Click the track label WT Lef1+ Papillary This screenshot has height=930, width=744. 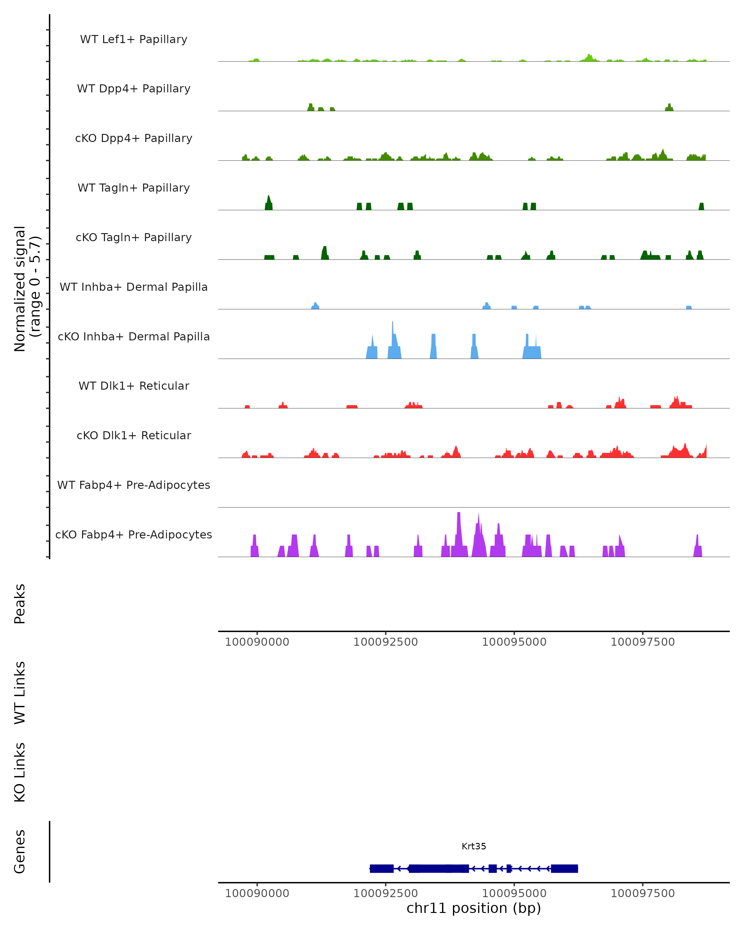click(x=134, y=39)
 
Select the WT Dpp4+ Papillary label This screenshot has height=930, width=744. click(x=134, y=89)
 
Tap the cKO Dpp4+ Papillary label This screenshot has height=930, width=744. click(x=134, y=139)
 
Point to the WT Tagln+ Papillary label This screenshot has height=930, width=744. click(x=134, y=188)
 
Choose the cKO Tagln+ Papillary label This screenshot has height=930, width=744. click(x=134, y=238)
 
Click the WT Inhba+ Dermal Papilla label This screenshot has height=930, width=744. click(x=134, y=287)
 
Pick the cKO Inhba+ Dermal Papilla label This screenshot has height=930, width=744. click(x=134, y=337)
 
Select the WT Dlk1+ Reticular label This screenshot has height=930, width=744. click(x=134, y=386)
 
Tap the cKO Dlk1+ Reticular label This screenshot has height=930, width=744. click(x=134, y=436)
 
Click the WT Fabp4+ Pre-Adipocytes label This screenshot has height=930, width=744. click(x=134, y=485)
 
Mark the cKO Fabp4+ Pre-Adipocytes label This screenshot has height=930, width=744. click(x=134, y=535)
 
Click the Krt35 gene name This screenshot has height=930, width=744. click(x=474, y=846)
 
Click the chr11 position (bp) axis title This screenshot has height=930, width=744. click(x=474, y=908)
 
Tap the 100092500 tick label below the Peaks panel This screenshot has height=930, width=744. click(x=386, y=642)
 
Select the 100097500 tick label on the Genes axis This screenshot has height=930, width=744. click(x=643, y=893)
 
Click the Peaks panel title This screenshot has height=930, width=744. click(x=20, y=604)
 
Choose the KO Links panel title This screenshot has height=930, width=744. click(x=20, y=772)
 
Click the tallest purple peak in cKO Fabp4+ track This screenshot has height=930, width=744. click(x=458, y=518)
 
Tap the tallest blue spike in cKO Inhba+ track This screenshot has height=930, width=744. click(x=392, y=328)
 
